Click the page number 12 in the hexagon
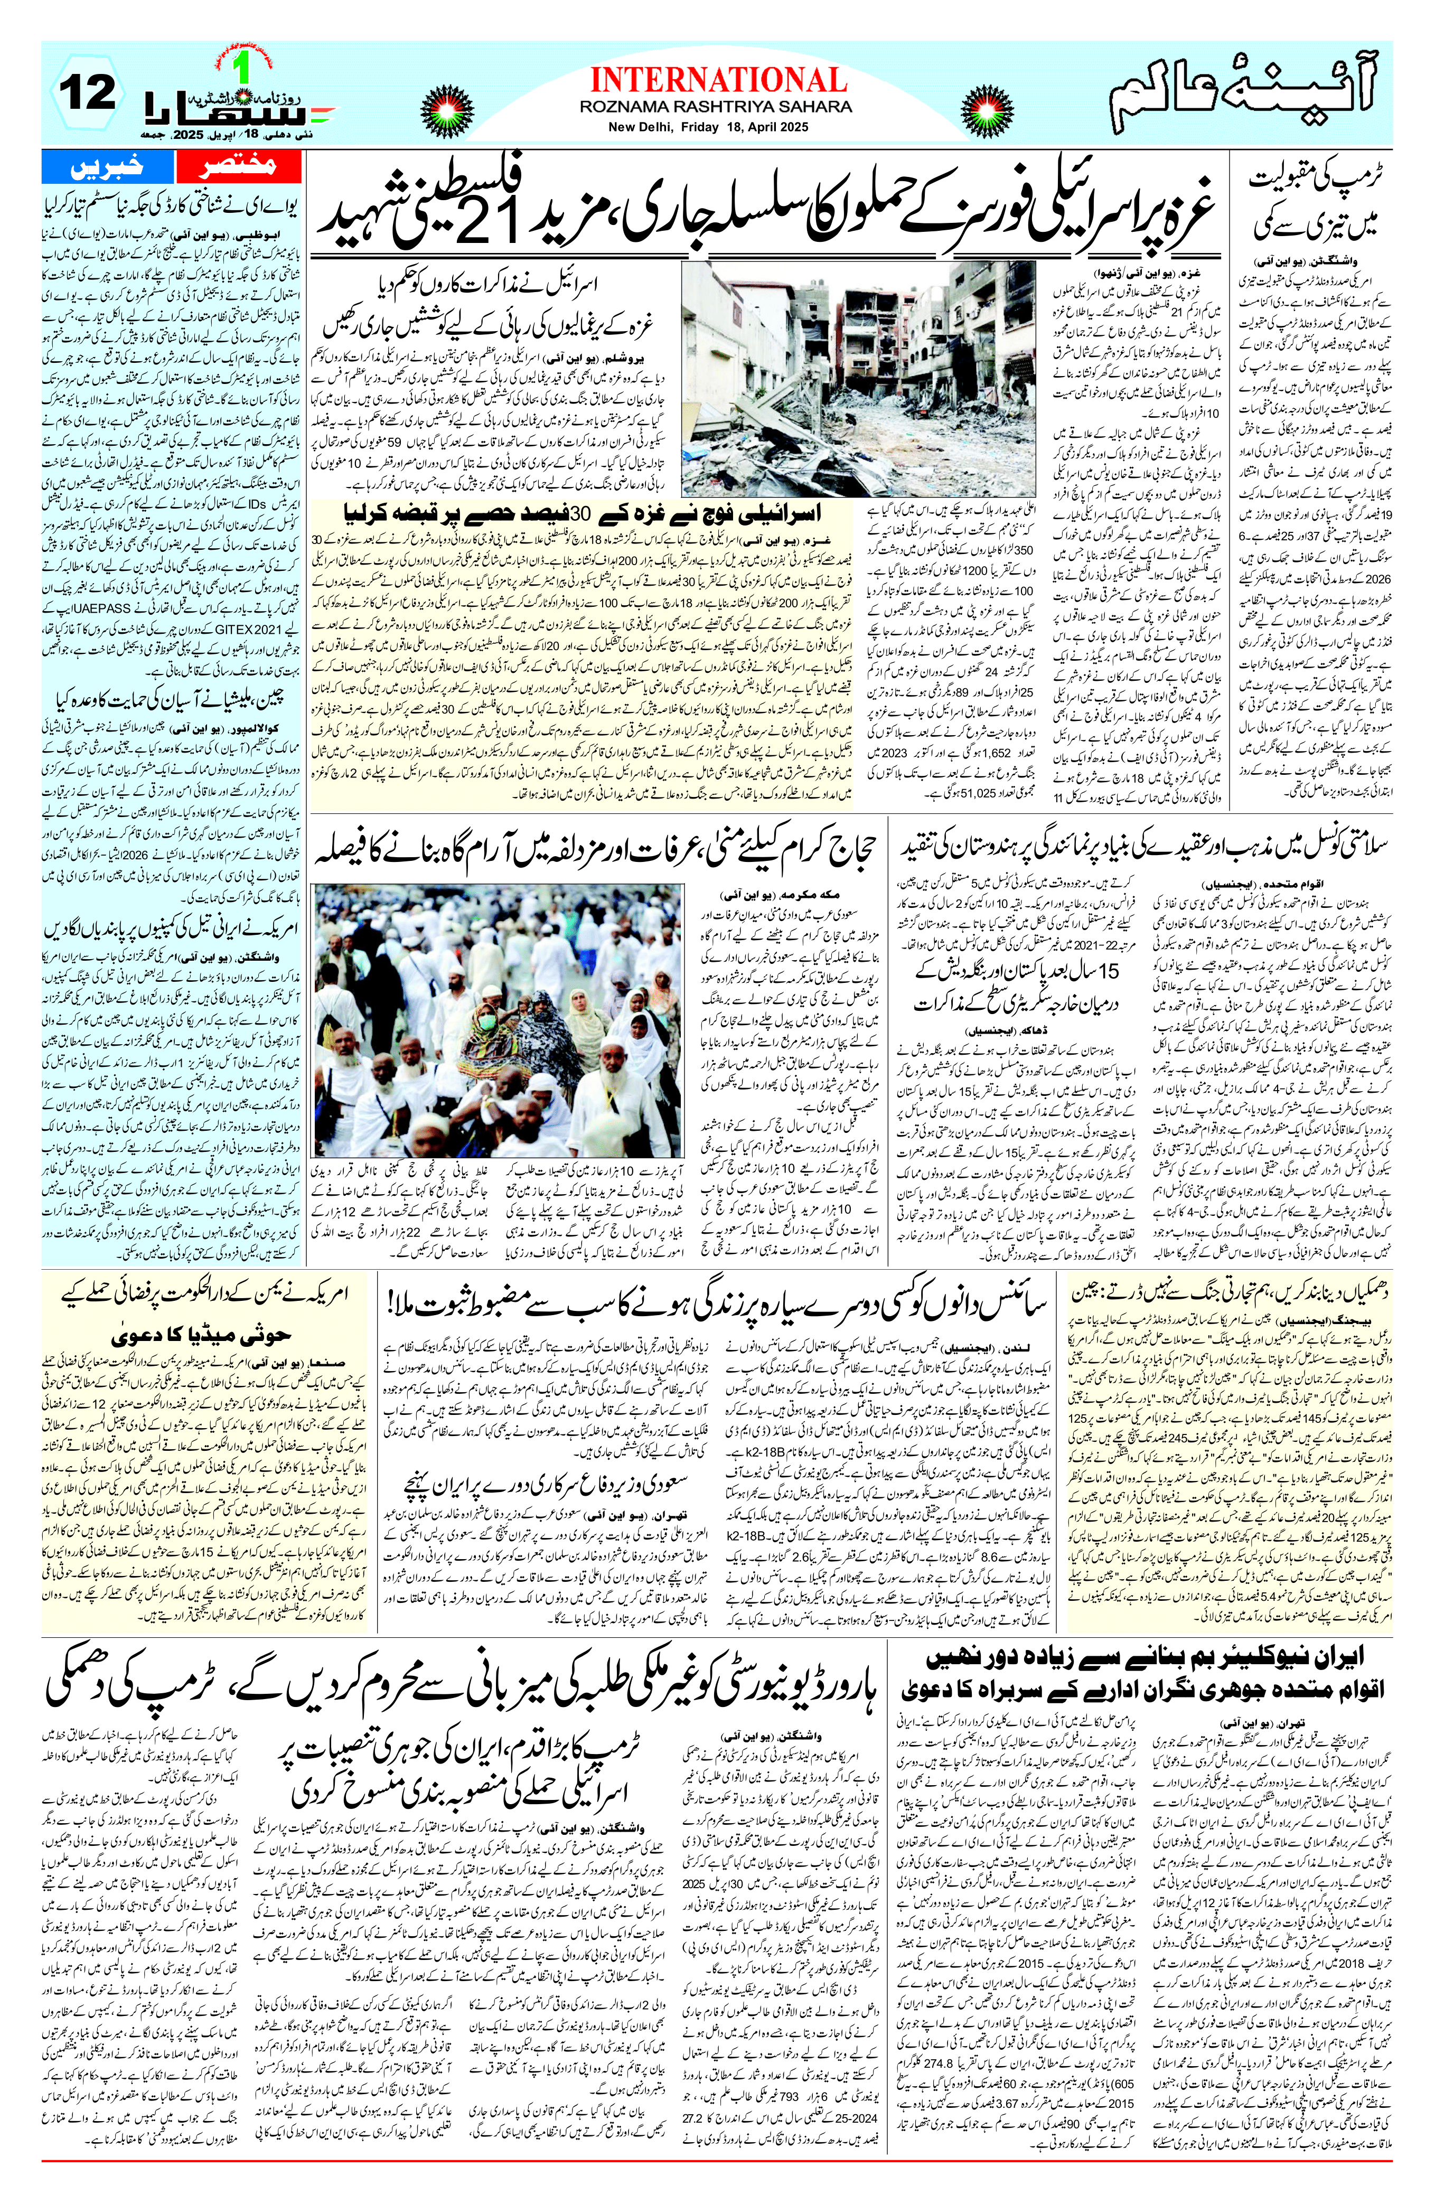click(89, 92)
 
